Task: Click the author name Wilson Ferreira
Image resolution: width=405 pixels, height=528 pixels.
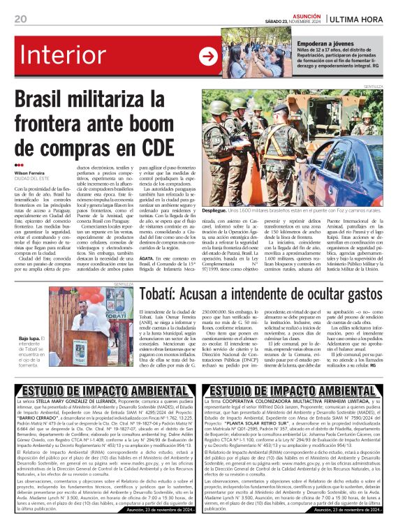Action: coord(30,173)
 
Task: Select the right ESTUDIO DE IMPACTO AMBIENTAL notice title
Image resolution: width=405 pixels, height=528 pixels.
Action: coord(303,389)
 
